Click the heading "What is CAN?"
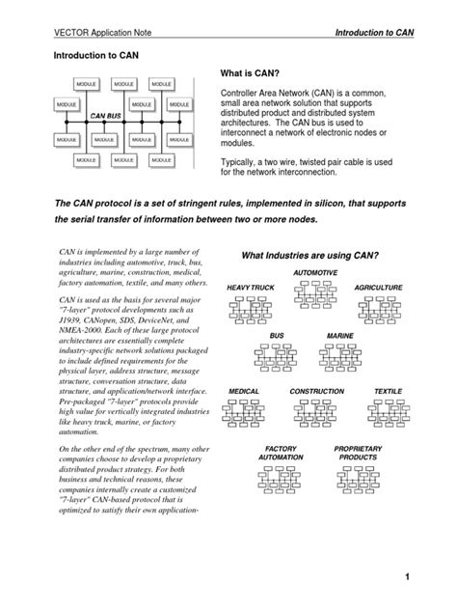pyautogui.click(x=257, y=73)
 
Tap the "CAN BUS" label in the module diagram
pyautogui.click(x=105, y=116)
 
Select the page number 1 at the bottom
pyautogui.click(x=435, y=576)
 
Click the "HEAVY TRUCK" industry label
pyautogui.click(x=251, y=289)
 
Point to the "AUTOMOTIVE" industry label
pyautogui.click(x=315, y=273)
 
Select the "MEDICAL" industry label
pyautogui.click(x=244, y=392)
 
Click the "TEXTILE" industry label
pyautogui.click(x=388, y=392)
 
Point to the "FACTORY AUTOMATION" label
pyautogui.click(x=281, y=453)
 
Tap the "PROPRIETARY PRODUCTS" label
pyautogui.click(x=359, y=453)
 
